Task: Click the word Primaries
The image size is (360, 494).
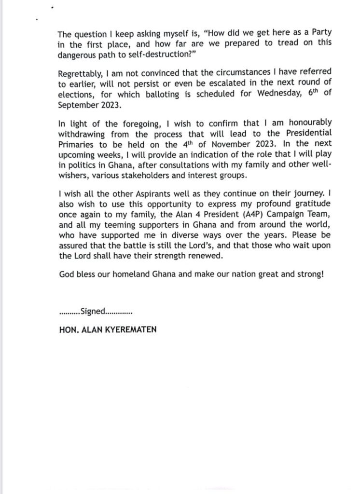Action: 75,142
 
